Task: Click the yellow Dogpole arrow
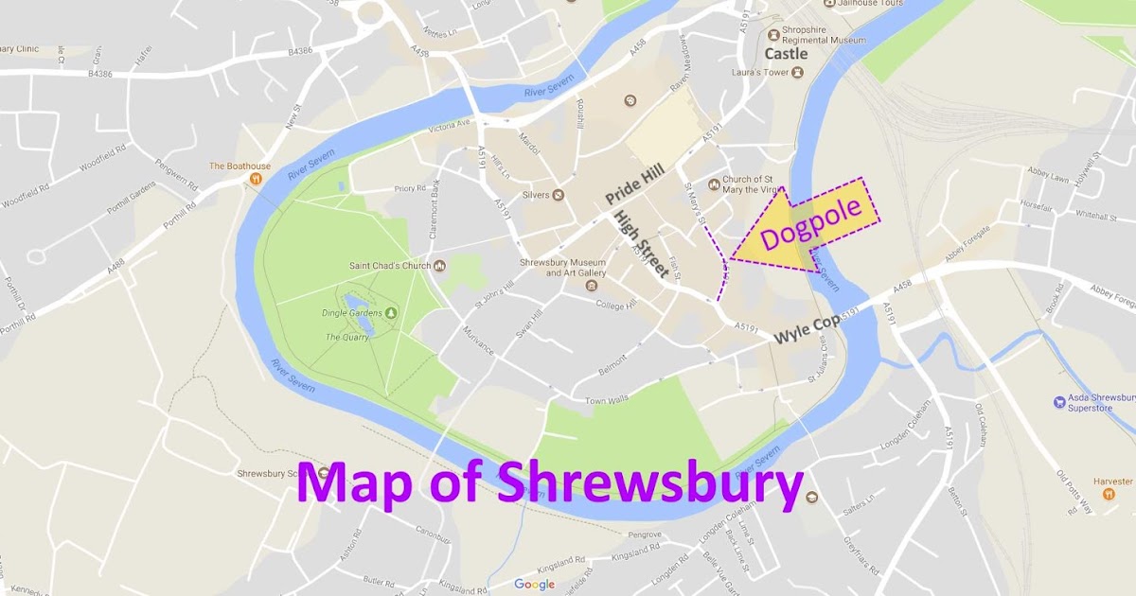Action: [x=805, y=227]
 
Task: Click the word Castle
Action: [x=786, y=54]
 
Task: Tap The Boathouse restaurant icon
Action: [x=255, y=179]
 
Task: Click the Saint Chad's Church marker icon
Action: [x=439, y=266]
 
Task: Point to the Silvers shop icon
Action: [x=558, y=195]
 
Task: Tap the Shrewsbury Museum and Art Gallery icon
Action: [x=592, y=286]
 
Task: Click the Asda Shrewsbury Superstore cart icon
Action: [x=1059, y=403]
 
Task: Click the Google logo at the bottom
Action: [x=535, y=584]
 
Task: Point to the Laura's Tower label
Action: [x=759, y=72]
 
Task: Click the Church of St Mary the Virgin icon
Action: [x=714, y=184]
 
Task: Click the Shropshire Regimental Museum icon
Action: [x=772, y=30]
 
